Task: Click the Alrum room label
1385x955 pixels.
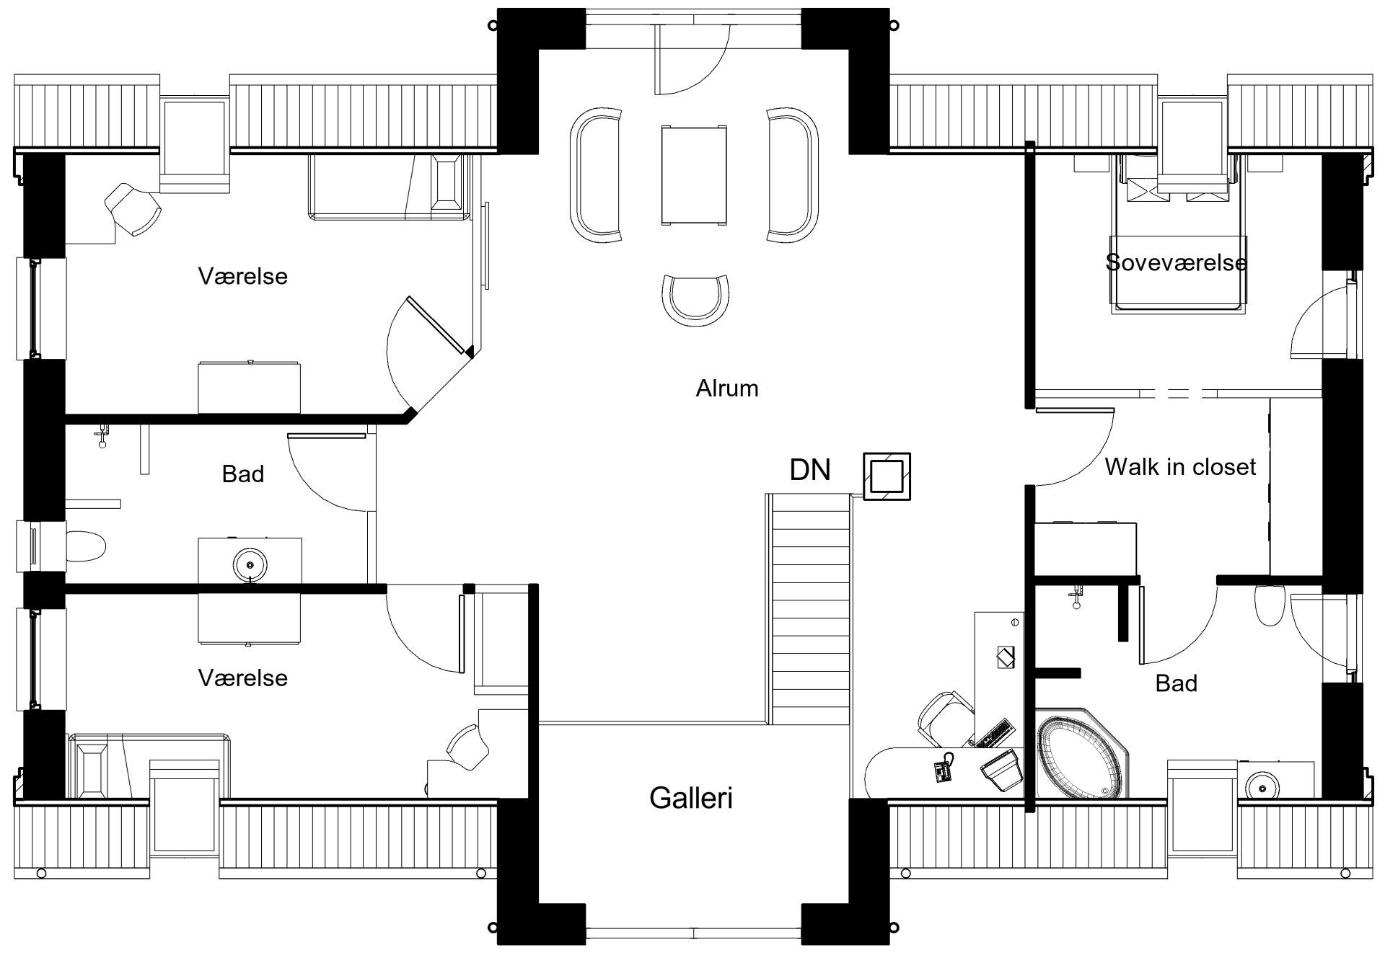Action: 726,388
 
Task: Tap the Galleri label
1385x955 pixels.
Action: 691,798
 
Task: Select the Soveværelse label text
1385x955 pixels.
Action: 1177,262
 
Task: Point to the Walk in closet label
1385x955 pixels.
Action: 1180,467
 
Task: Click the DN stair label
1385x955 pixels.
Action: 810,470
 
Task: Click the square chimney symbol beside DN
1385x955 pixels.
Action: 887,476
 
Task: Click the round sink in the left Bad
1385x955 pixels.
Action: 250,562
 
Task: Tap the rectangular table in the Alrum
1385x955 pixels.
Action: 692,176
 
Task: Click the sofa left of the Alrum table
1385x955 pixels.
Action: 596,175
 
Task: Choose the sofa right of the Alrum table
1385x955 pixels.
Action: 793,174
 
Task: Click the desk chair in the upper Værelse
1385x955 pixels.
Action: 133,209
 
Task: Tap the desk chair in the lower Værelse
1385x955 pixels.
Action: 467,746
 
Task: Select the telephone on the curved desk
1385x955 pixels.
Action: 944,771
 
